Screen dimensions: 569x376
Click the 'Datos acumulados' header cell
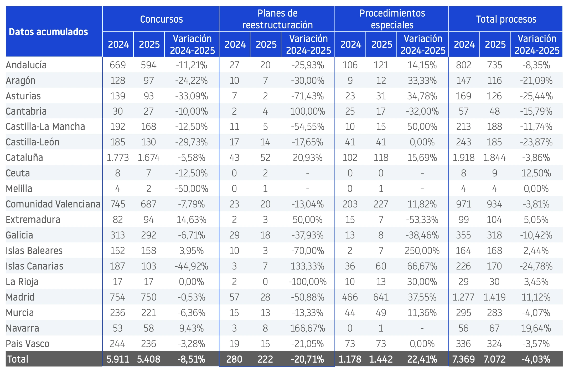coord(48,32)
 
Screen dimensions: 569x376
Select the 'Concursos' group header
coord(161,19)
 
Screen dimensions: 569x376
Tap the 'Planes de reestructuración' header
coord(277,19)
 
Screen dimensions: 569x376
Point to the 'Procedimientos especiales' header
coord(392,19)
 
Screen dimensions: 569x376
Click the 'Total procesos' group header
coord(506,19)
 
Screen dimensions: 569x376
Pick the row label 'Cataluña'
coord(24,157)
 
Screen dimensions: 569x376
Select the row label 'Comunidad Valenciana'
coord(53,204)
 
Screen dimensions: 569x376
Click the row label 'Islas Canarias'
coord(34,266)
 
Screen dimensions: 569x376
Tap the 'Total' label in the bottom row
coord(18,359)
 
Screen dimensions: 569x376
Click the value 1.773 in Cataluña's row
coord(118,157)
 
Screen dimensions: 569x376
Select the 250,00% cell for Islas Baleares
coord(422,251)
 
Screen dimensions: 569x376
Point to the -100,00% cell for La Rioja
coord(308,282)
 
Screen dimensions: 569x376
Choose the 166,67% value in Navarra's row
coord(308,328)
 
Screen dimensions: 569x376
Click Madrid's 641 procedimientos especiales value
coord(381,297)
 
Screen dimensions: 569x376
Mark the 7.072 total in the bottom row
coord(495,359)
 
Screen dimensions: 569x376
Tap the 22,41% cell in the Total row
coord(422,359)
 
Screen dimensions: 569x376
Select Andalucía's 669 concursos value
coord(118,65)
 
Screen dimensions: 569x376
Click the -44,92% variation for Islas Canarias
coord(192,266)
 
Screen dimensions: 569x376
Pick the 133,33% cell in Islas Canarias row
coord(308,266)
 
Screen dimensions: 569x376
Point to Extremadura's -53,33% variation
coord(422,220)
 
